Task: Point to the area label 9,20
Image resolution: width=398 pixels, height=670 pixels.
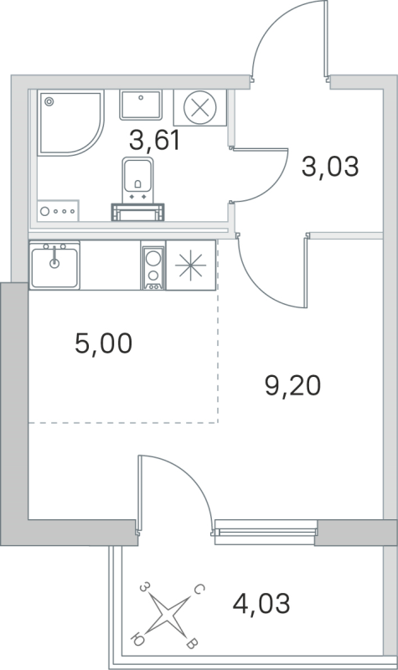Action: point(292,386)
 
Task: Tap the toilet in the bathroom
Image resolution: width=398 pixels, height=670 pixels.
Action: point(134,180)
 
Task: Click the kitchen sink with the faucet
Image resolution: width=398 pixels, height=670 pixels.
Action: point(55,265)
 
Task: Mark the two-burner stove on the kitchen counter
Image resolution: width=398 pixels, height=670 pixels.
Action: point(152,266)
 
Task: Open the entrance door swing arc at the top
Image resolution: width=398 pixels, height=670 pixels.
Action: point(285,38)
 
